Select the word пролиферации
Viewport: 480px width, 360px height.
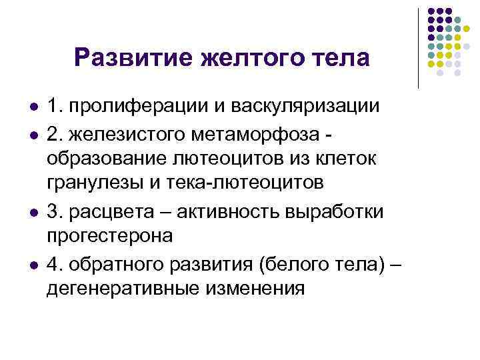[x=128, y=107]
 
